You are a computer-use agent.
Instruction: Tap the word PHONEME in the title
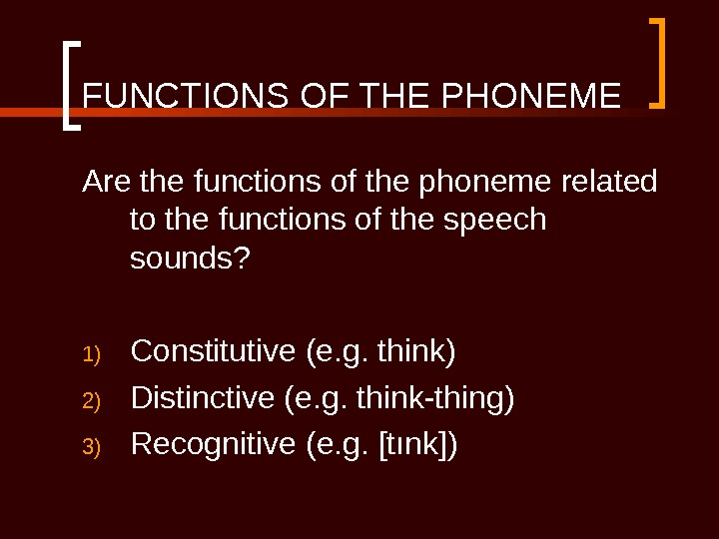click(530, 98)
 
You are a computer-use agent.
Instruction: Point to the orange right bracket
click(658, 62)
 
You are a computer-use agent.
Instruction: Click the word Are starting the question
click(109, 183)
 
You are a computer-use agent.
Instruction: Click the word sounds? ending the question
click(191, 259)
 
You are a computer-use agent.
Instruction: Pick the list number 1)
click(92, 354)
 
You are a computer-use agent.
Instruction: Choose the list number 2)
click(92, 401)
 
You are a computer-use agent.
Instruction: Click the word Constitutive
click(214, 351)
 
